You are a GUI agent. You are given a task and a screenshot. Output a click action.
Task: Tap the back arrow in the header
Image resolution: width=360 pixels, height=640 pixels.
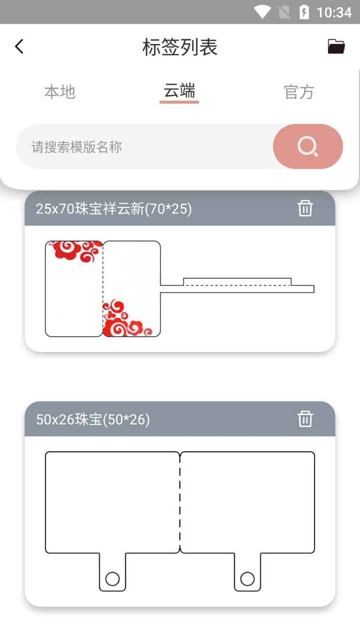[x=19, y=46]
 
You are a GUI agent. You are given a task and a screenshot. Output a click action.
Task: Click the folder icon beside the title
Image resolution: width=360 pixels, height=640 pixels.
[x=336, y=46]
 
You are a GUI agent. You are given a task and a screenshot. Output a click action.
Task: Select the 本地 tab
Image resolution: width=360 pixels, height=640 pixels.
[x=60, y=92]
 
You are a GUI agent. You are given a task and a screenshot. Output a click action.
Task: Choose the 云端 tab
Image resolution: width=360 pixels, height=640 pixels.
[x=179, y=91]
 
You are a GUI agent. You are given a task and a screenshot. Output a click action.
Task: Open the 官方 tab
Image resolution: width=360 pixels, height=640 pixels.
[x=299, y=92]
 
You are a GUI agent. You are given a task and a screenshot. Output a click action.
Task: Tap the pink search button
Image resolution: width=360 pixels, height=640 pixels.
[x=308, y=146]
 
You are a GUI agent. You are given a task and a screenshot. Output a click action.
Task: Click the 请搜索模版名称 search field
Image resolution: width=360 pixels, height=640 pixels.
[x=144, y=147]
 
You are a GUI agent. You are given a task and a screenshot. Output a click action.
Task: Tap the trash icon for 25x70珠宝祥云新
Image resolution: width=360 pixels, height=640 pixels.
[x=305, y=208]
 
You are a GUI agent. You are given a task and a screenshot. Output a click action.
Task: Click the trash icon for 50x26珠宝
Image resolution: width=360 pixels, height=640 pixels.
[x=305, y=419]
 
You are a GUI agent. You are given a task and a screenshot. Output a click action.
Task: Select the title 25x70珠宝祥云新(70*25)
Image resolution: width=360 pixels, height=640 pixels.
[x=114, y=209]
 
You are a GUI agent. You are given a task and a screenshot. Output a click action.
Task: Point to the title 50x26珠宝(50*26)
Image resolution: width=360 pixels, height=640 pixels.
[x=93, y=419]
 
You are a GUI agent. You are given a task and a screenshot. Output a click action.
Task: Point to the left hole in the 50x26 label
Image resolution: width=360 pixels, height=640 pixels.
[x=112, y=579]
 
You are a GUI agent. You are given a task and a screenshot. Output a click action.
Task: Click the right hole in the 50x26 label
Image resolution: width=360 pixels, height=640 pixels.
[x=247, y=579]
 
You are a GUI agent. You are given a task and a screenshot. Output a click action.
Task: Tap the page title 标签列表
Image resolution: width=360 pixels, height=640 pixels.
[x=180, y=47]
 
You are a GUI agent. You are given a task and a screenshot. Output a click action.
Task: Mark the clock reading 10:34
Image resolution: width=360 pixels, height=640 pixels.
[x=334, y=12]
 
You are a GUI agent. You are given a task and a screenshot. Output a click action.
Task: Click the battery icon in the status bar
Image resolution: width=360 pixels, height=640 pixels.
[x=304, y=12]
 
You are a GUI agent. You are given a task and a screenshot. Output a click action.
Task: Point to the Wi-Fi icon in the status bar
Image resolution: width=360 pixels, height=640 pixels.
[x=262, y=12]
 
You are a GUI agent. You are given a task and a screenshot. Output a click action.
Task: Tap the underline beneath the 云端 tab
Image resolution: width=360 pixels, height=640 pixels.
[x=179, y=102]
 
